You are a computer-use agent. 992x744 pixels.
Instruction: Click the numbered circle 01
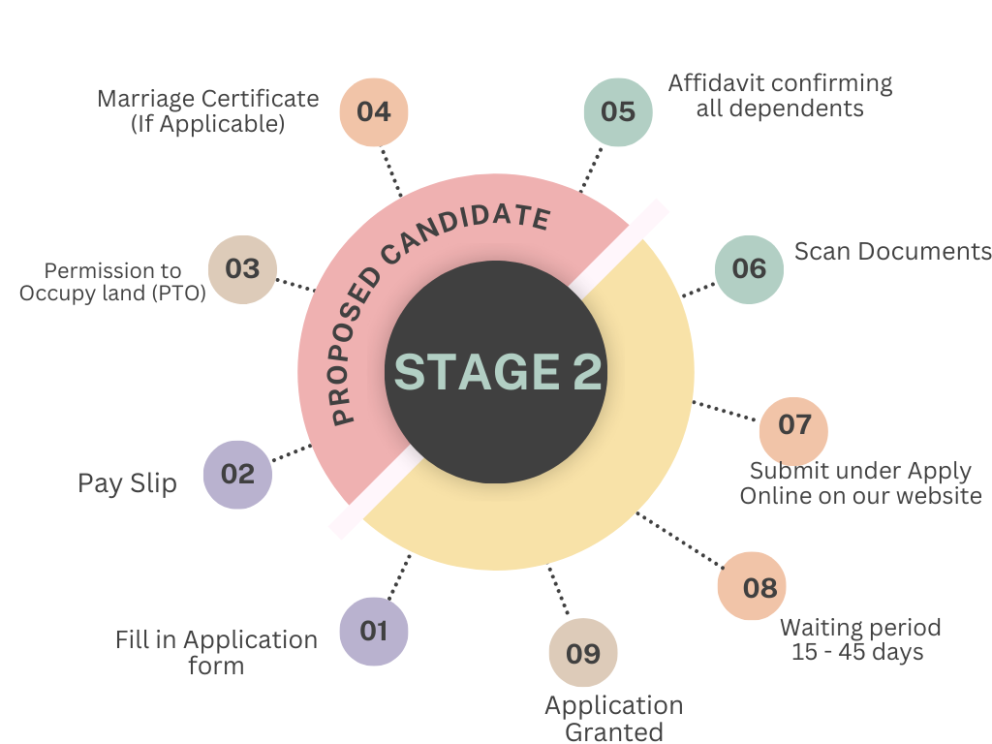[x=374, y=632]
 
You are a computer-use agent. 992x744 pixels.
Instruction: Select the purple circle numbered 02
[x=237, y=475]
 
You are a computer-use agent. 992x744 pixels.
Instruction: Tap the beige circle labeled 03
[x=243, y=269]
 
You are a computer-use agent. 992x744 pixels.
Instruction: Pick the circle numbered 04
[x=374, y=111]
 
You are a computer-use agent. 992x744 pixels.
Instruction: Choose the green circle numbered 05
[x=618, y=112]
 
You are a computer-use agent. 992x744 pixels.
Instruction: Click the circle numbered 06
[x=749, y=269]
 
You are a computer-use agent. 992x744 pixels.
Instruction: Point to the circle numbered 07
[x=793, y=425]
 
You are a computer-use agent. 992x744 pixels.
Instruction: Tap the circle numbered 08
[x=759, y=587]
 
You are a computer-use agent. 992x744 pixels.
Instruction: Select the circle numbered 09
[x=583, y=654]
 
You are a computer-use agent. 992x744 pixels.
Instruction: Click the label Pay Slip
[x=127, y=483]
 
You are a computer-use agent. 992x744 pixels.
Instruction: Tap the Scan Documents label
[x=892, y=252]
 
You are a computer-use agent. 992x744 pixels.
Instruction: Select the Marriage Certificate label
[x=207, y=111]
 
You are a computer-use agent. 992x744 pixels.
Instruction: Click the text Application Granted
[x=614, y=718]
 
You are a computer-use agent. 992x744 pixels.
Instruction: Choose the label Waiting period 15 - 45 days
[x=860, y=639]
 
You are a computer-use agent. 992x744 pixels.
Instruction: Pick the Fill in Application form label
[x=216, y=652]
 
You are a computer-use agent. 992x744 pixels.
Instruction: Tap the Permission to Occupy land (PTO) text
[x=113, y=282]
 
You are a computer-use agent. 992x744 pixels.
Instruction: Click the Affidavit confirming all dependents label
[x=780, y=95]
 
